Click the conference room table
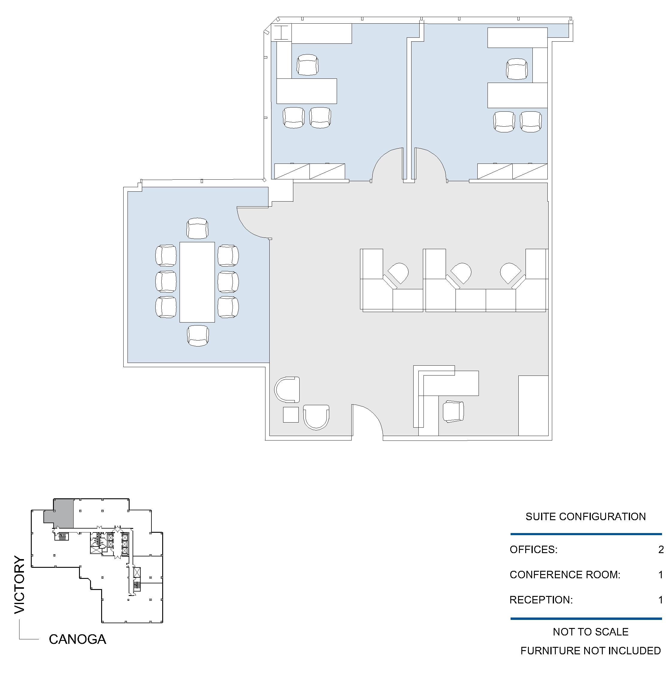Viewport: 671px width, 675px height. [x=197, y=282]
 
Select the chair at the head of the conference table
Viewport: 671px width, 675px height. [x=198, y=228]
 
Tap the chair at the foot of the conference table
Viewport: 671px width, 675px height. [x=198, y=336]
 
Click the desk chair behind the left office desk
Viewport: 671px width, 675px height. [x=308, y=65]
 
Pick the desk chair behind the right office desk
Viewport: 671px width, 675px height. [x=517, y=69]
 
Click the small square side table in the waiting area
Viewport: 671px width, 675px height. [x=291, y=415]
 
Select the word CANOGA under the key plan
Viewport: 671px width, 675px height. [x=78, y=639]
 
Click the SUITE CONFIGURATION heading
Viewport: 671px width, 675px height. [x=585, y=517]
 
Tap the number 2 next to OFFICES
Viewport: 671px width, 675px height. [x=661, y=550]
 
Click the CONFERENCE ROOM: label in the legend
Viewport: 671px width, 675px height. [x=565, y=575]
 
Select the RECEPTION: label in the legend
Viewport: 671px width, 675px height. [x=541, y=600]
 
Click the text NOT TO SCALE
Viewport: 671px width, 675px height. [x=590, y=632]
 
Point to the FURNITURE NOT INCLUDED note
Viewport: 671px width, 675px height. [x=590, y=650]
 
